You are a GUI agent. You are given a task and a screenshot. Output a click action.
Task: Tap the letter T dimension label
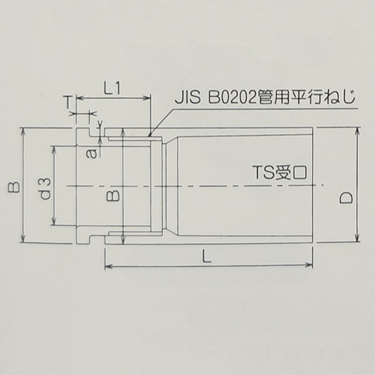click(68, 101)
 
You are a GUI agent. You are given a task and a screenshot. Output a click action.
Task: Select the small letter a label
click(92, 153)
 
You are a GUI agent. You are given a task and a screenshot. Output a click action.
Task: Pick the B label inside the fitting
click(110, 195)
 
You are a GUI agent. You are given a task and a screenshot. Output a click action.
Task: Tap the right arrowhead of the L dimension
click(310, 265)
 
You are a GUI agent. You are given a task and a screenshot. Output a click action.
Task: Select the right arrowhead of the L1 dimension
click(148, 98)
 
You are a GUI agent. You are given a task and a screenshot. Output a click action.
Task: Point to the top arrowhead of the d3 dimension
click(52, 147)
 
